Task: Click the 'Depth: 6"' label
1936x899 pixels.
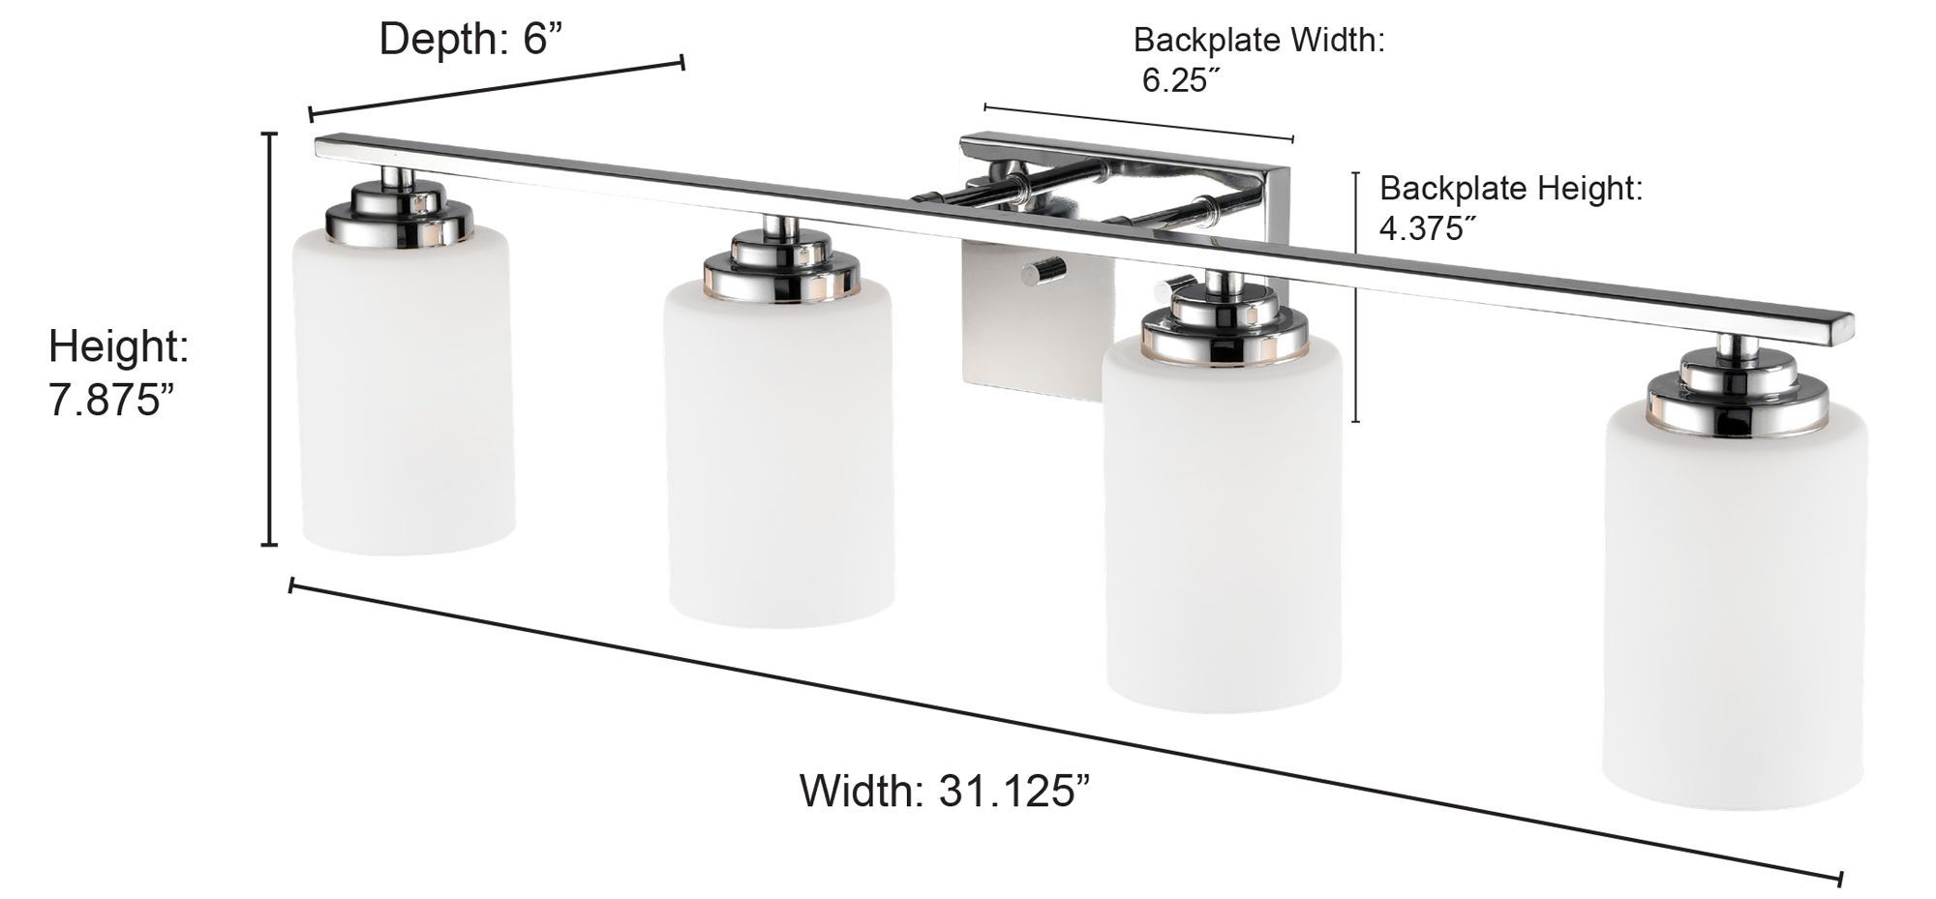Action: click(x=470, y=40)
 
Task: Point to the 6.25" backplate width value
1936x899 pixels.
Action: click(x=1175, y=80)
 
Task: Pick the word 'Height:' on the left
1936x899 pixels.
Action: click(x=118, y=346)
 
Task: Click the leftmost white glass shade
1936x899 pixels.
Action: click(x=406, y=397)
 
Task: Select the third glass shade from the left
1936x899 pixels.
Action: click(x=1223, y=532)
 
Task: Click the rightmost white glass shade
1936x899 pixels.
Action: click(x=1734, y=610)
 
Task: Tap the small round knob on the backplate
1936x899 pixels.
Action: click(x=1044, y=271)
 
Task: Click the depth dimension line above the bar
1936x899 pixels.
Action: click(x=496, y=88)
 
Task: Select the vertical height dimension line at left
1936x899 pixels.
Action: click(x=270, y=339)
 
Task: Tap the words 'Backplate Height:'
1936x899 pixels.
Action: click(x=1510, y=188)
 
